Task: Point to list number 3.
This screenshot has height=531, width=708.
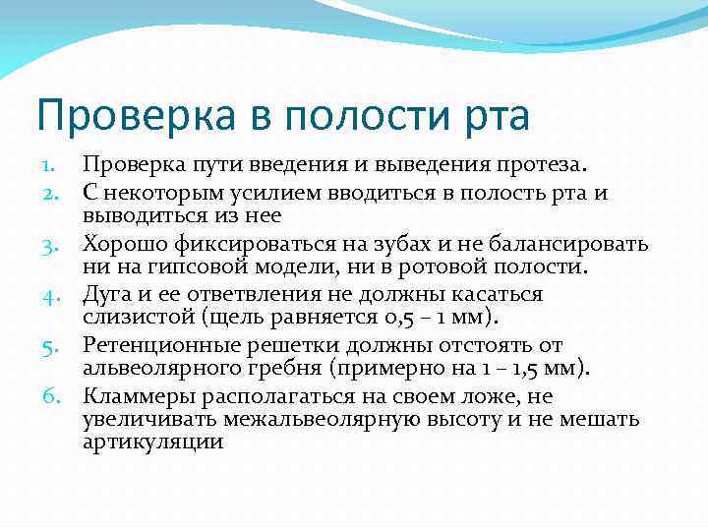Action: tap(49, 243)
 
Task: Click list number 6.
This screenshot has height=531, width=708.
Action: tap(49, 396)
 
